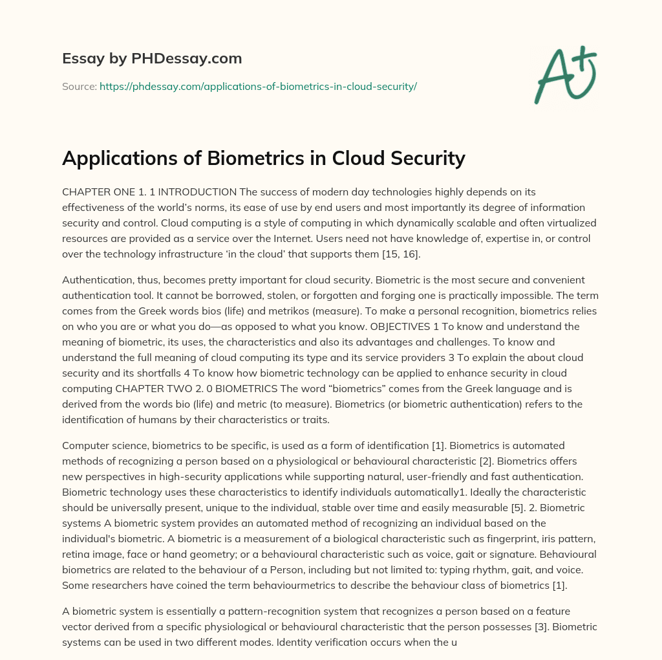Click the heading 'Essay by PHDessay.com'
[x=152, y=59]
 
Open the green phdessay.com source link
[x=258, y=86]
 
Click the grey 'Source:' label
[x=79, y=86]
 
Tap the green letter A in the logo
[x=554, y=77]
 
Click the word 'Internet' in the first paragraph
[x=312, y=239]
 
